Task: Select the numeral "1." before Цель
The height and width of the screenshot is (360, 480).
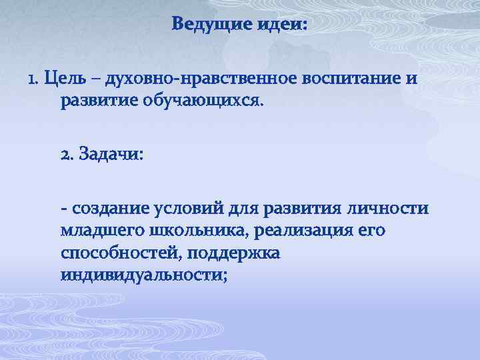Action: [x=33, y=79]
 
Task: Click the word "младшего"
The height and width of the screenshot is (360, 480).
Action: [x=99, y=231]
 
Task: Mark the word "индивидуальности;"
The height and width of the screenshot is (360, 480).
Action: [x=144, y=275]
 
